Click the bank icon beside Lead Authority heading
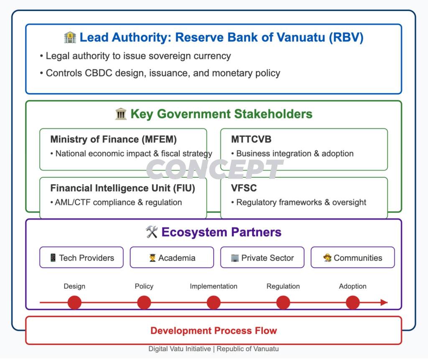[70, 38]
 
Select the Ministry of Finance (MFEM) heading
[113, 140]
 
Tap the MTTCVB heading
[251, 140]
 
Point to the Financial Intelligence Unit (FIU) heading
[122, 188]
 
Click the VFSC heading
[244, 188]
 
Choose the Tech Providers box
[82, 258]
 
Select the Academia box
[172, 258]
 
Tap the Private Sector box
[262, 258]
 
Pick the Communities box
[352, 258]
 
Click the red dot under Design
[74, 302]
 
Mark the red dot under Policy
[144, 302]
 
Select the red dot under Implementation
[214, 302]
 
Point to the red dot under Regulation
[283, 302]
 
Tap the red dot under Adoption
[353, 302]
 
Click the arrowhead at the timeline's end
[384, 302]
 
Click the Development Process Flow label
[214, 331]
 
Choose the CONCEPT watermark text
[214, 170]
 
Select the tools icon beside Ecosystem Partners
[151, 232]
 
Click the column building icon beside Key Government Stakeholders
[120, 114]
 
